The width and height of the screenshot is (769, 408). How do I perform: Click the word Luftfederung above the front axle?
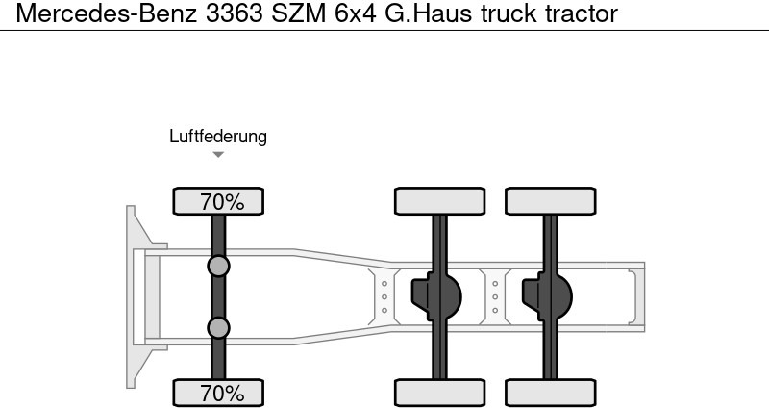pos(218,137)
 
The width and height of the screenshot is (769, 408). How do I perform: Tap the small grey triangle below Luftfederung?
pos(218,155)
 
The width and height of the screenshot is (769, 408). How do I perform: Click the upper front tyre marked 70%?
pos(218,201)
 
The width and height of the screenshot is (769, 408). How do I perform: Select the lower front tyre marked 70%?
pos(218,393)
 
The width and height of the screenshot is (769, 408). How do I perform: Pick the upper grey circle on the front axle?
pos(218,267)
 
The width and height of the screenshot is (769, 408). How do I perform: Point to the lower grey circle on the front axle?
pos(218,328)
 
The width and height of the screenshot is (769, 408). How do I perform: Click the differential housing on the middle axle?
pos(436,296)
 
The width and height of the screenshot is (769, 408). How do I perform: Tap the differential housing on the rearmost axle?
pos(547,296)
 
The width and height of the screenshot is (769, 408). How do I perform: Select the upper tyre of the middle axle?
pos(440,201)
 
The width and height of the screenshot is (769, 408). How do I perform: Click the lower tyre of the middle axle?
pos(440,393)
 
